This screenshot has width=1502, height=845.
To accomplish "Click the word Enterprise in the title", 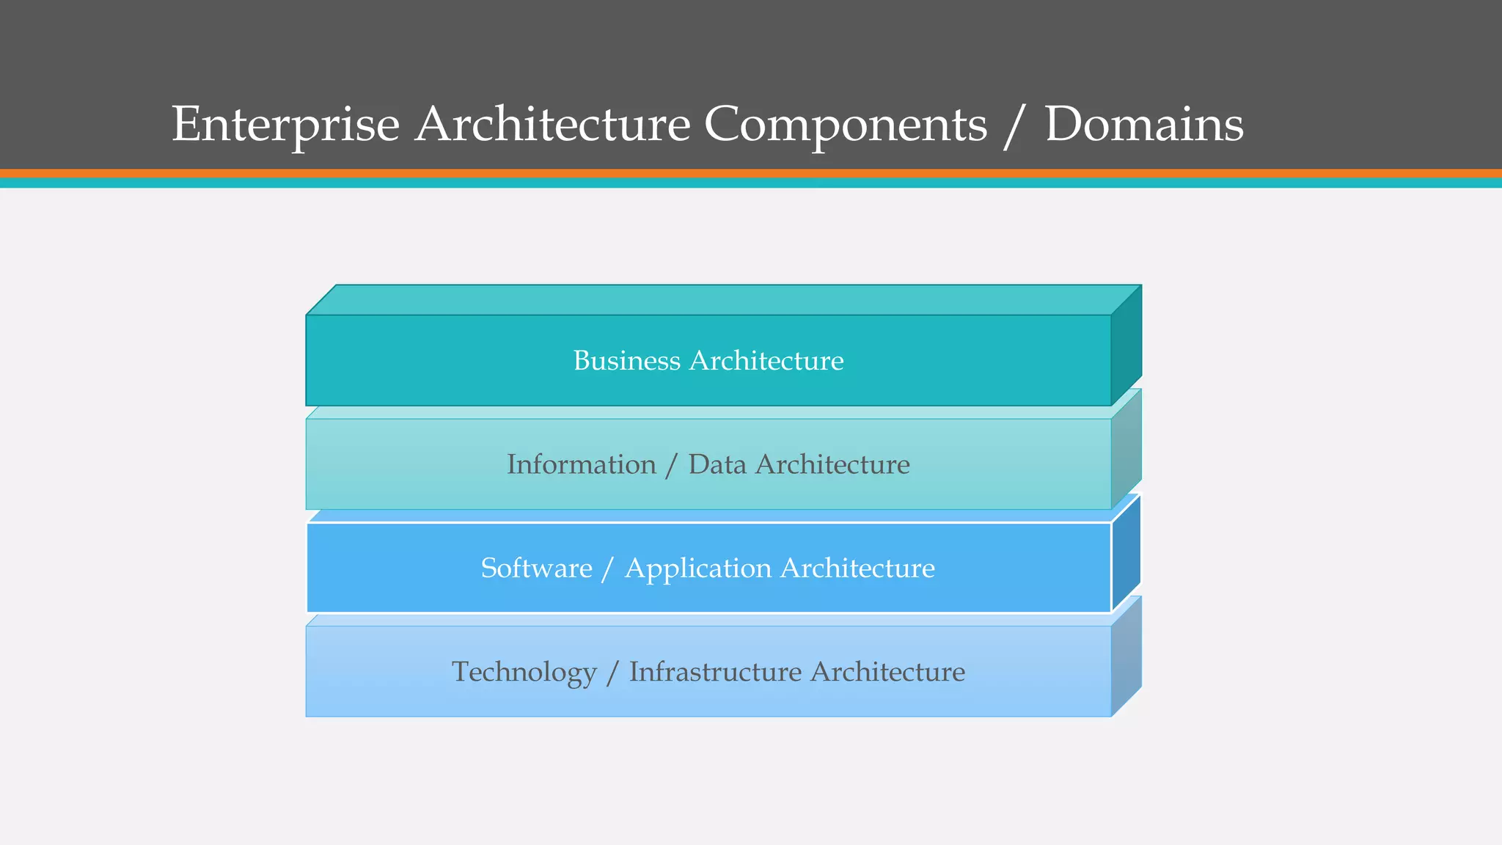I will pyautogui.click(x=285, y=125).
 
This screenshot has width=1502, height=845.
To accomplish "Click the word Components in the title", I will pyautogui.click(x=846, y=125).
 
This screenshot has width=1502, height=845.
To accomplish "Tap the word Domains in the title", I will pyautogui.click(x=1144, y=125).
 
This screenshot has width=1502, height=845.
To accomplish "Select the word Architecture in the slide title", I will pyautogui.click(x=552, y=125).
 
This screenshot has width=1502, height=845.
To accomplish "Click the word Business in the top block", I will pyautogui.click(x=626, y=361).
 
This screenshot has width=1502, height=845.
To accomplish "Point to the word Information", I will pyautogui.click(x=581, y=465).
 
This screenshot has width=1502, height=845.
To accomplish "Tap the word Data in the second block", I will pyautogui.click(x=717, y=465).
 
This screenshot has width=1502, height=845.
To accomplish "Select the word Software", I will pyautogui.click(x=536, y=568).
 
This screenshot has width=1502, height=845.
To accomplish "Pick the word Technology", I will pyautogui.click(x=524, y=673).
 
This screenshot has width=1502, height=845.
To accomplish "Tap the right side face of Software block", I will pyautogui.click(x=1126, y=554).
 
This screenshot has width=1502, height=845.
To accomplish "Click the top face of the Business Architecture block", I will pyautogui.click(x=722, y=300).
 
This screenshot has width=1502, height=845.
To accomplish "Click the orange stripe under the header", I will pyautogui.click(x=751, y=173).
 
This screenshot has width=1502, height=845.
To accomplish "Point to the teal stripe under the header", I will pyautogui.click(x=751, y=183).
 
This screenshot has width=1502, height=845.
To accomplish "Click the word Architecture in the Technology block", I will pyautogui.click(x=887, y=673).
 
